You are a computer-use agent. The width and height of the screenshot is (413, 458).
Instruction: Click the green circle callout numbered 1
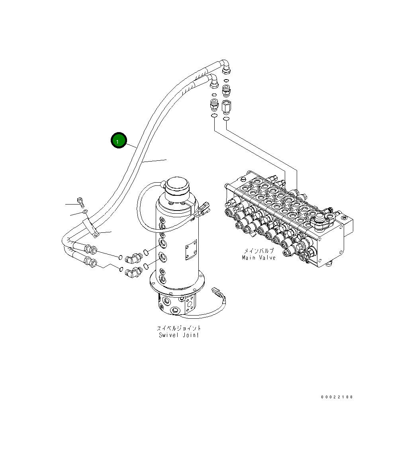click(x=118, y=140)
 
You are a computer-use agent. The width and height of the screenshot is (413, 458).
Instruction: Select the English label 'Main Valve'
click(x=258, y=257)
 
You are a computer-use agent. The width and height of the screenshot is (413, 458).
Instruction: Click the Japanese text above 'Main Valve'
click(x=258, y=251)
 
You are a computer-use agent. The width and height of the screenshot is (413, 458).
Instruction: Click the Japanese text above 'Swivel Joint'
click(x=178, y=328)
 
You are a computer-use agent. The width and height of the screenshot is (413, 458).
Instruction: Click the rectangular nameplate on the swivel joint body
click(x=191, y=251)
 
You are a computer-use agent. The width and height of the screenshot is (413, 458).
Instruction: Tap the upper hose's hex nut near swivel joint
click(x=90, y=250)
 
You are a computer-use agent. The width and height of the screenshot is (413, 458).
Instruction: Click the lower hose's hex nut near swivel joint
click(x=90, y=262)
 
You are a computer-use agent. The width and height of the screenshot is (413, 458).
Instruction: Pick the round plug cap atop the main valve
click(x=321, y=219)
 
